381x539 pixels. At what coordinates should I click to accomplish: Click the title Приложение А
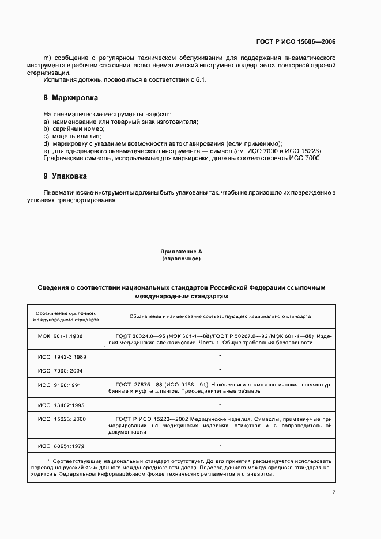click(181, 252)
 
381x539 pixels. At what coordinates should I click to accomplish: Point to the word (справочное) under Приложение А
click(181, 259)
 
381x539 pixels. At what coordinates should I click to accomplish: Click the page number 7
click(334, 492)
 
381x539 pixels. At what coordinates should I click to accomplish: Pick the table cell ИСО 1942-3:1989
click(62, 357)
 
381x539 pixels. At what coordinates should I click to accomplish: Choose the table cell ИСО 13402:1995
click(62, 405)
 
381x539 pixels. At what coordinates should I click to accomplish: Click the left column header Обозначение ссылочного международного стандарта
click(66, 315)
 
